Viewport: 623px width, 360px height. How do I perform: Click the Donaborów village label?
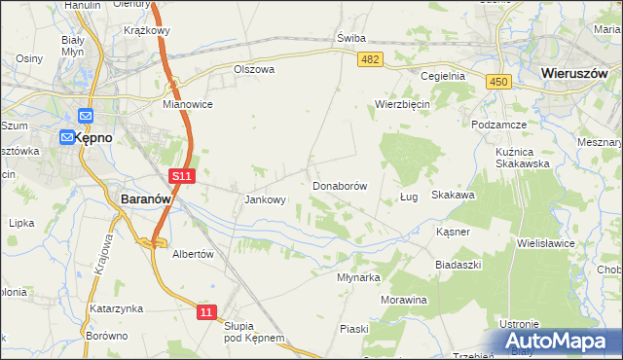(x=340, y=185)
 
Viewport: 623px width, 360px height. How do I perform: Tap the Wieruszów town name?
(x=575, y=73)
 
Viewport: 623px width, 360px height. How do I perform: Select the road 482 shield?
(x=370, y=60)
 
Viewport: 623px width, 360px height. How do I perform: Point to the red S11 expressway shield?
(x=181, y=176)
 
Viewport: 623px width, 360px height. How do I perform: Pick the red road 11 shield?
(x=204, y=311)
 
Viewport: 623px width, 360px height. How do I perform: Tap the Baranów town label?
(x=146, y=198)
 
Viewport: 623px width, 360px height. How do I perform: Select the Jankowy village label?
(x=265, y=200)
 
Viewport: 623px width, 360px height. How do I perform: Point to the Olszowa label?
(x=254, y=70)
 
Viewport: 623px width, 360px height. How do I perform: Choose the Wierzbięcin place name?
(x=403, y=104)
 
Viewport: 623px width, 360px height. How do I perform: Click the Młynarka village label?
(x=357, y=276)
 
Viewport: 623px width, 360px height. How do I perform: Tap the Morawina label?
(x=404, y=300)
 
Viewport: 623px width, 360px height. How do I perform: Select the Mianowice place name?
(x=188, y=104)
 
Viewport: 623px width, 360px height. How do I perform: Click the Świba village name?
(x=350, y=38)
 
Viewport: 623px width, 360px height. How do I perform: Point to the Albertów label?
(x=192, y=253)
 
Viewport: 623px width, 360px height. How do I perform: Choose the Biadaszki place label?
(x=458, y=264)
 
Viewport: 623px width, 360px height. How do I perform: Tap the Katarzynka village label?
(x=117, y=308)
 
